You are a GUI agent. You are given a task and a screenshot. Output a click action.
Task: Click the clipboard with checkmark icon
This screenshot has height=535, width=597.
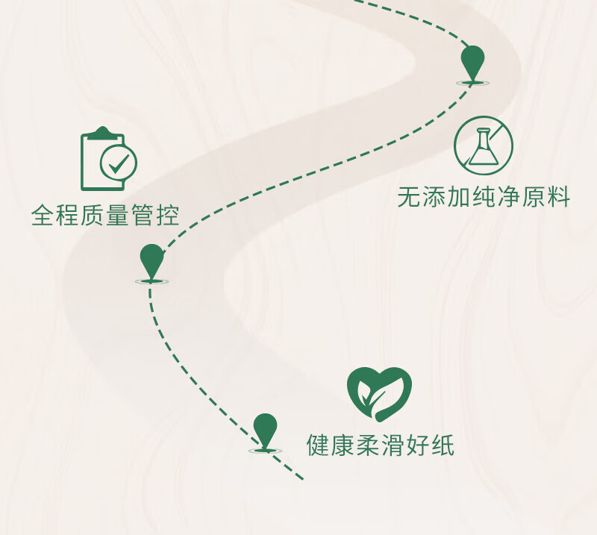point(108,159)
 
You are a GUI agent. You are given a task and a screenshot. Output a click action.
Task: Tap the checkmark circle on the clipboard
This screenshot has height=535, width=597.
point(119,163)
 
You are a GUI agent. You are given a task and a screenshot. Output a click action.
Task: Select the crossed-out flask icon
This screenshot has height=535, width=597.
point(484,146)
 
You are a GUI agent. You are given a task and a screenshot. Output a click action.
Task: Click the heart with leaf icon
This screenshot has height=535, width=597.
point(380,394)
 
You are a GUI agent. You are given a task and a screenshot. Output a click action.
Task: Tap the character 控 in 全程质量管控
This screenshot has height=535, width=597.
point(167,215)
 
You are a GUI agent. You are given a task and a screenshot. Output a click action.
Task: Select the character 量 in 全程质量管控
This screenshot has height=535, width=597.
point(118,215)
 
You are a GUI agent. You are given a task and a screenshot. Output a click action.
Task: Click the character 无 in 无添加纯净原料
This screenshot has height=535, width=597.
point(409,197)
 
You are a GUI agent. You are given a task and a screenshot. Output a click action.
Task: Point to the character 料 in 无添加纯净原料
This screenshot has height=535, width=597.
point(558,197)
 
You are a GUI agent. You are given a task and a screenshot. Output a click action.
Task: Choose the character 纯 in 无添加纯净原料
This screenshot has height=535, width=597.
point(484,197)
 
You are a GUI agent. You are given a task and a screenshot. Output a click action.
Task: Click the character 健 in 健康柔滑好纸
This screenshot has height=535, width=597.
point(319,445)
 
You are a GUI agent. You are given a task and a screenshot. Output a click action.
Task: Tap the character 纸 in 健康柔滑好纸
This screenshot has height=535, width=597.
point(443,445)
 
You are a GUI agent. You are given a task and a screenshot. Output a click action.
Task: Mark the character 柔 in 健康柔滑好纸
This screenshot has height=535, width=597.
point(368,445)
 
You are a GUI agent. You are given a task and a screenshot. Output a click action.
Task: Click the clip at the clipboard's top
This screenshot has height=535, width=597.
point(102,132)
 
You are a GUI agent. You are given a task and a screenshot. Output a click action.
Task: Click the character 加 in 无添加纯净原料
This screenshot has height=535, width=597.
point(459,197)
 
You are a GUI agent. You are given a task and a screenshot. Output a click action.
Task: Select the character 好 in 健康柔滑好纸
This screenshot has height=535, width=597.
point(418,445)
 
